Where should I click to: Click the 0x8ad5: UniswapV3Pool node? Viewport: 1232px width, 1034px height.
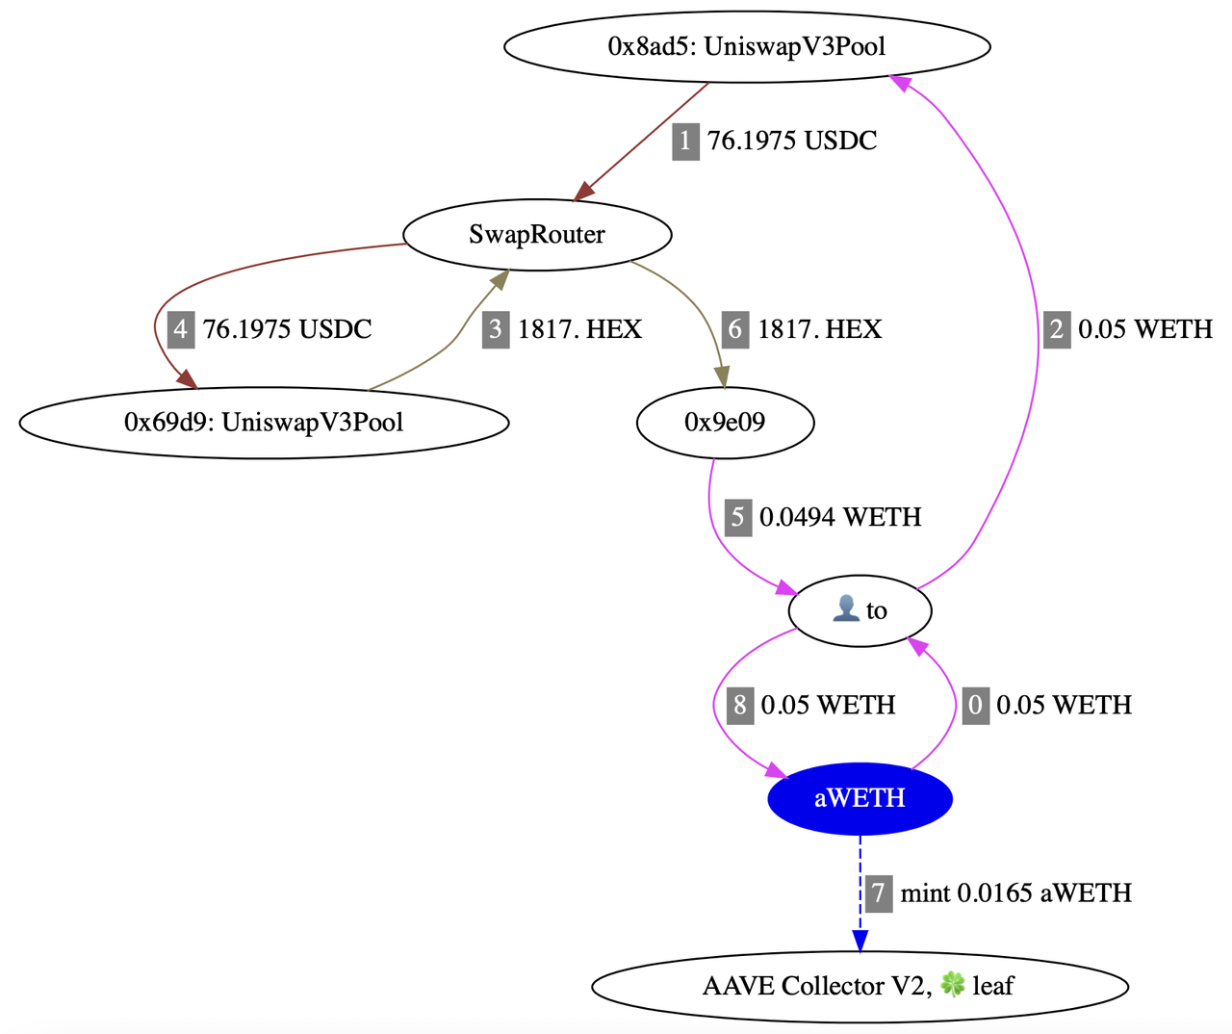[x=747, y=46]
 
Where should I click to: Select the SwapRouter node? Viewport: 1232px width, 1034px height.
[x=537, y=235]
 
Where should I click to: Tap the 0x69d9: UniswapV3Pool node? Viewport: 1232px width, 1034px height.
[x=264, y=422]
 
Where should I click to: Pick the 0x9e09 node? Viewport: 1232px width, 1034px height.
[x=725, y=422]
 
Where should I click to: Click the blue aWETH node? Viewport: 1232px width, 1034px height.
[x=860, y=798]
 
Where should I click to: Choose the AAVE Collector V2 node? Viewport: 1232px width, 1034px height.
[x=859, y=986]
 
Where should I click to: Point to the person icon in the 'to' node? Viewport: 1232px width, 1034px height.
[x=845, y=608]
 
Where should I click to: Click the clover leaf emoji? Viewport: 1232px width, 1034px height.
[x=952, y=984]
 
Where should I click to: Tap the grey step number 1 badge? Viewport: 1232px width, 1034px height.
[x=685, y=142]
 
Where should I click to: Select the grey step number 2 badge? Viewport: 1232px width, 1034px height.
[x=1057, y=329]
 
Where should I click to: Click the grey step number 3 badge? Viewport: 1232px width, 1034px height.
[x=496, y=329]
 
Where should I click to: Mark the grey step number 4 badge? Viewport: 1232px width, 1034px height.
[x=181, y=329]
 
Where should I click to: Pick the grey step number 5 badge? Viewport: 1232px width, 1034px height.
[x=737, y=517]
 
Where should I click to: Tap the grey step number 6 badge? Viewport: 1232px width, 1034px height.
[x=735, y=329]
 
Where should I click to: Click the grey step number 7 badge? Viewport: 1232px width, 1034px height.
[x=877, y=892]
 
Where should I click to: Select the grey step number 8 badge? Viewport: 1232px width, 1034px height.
[x=739, y=705]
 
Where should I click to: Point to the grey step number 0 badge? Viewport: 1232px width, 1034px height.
[x=975, y=705]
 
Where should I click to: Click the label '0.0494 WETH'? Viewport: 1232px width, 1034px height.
[x=840, y=517]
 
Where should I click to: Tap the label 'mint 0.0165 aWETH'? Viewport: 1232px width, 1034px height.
[x=1015, y=892]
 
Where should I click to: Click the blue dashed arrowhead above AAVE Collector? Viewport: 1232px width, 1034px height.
[x=860, y=941]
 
